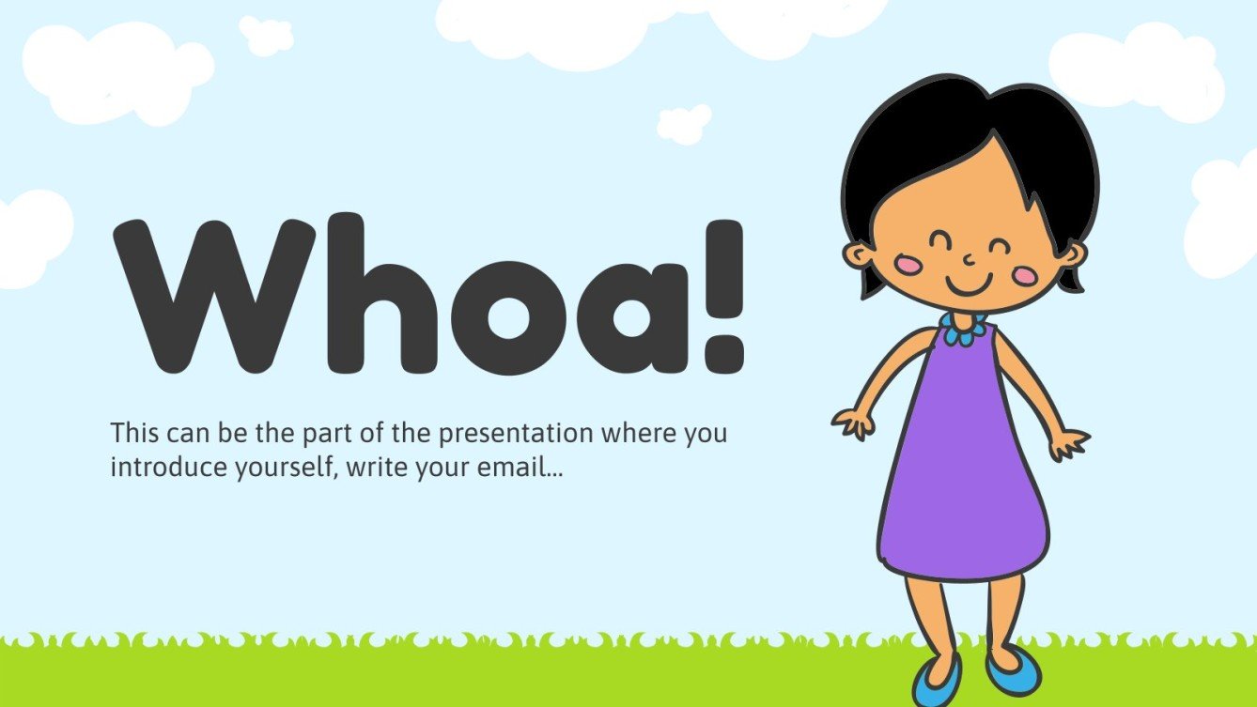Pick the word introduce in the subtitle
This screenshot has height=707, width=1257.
163,467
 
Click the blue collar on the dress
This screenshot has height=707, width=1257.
963,330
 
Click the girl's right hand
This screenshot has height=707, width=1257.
854,423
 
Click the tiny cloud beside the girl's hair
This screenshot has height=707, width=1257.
684,124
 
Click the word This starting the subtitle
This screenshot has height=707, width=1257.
135,435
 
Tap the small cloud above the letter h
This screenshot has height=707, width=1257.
267,35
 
